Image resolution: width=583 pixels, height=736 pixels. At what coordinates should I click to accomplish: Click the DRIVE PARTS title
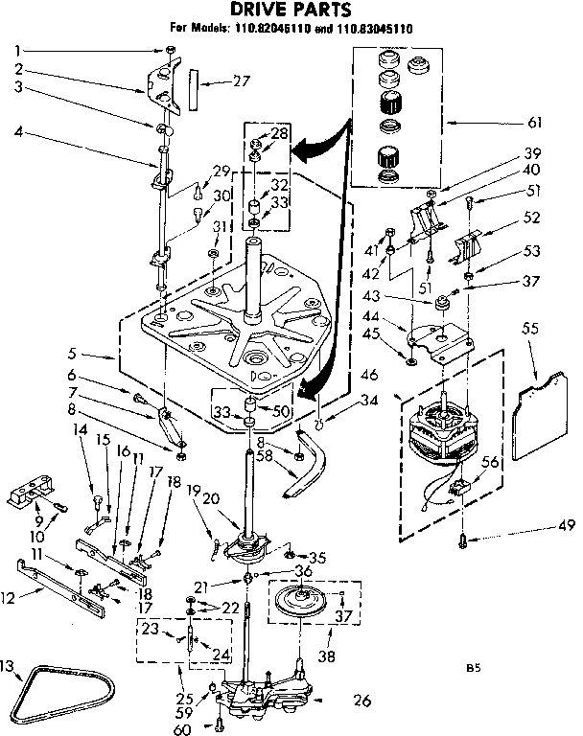coord(289,11)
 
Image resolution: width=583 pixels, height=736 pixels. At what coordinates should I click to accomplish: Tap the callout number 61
coord(534,122)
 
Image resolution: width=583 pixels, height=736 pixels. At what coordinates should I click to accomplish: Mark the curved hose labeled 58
coord(293,474)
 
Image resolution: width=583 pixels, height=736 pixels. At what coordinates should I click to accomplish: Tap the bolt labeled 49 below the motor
coord(464,539)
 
